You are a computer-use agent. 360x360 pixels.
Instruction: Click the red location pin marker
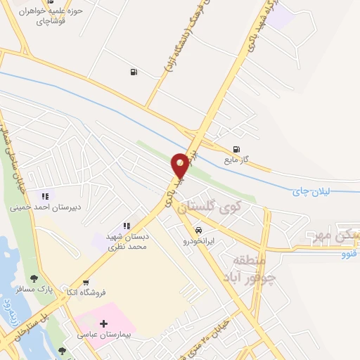click(181, 165)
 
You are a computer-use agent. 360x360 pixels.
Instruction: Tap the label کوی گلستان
click(209, 207)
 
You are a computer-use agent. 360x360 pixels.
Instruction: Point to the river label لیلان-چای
click(314, 189)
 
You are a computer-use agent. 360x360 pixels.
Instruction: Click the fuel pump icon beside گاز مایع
click(236, 149)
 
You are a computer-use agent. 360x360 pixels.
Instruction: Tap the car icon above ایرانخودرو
click(200, 230)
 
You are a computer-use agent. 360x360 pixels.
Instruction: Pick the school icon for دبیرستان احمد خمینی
click(45, 196)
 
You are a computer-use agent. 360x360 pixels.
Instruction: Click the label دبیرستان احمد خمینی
click(45, 207)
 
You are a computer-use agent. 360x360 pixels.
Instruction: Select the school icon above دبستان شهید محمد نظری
click(127, 226)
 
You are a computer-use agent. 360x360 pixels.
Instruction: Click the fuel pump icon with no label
click(133, 72)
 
